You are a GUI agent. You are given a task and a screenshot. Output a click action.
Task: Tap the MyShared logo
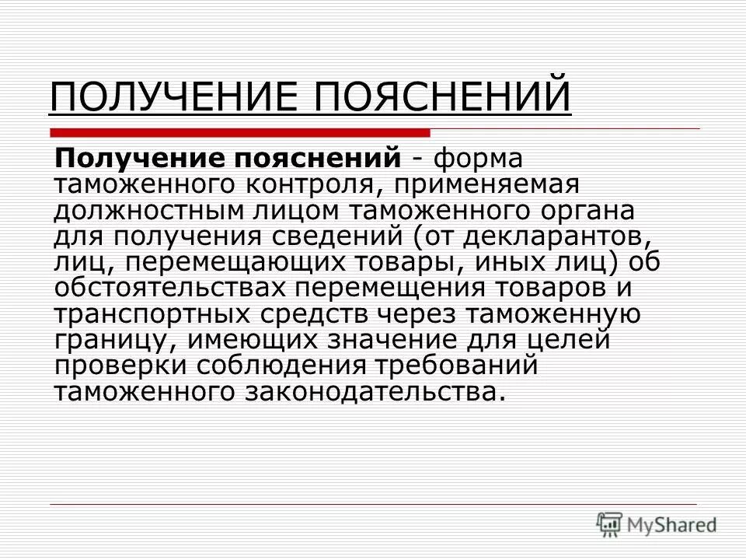[657, 523]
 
